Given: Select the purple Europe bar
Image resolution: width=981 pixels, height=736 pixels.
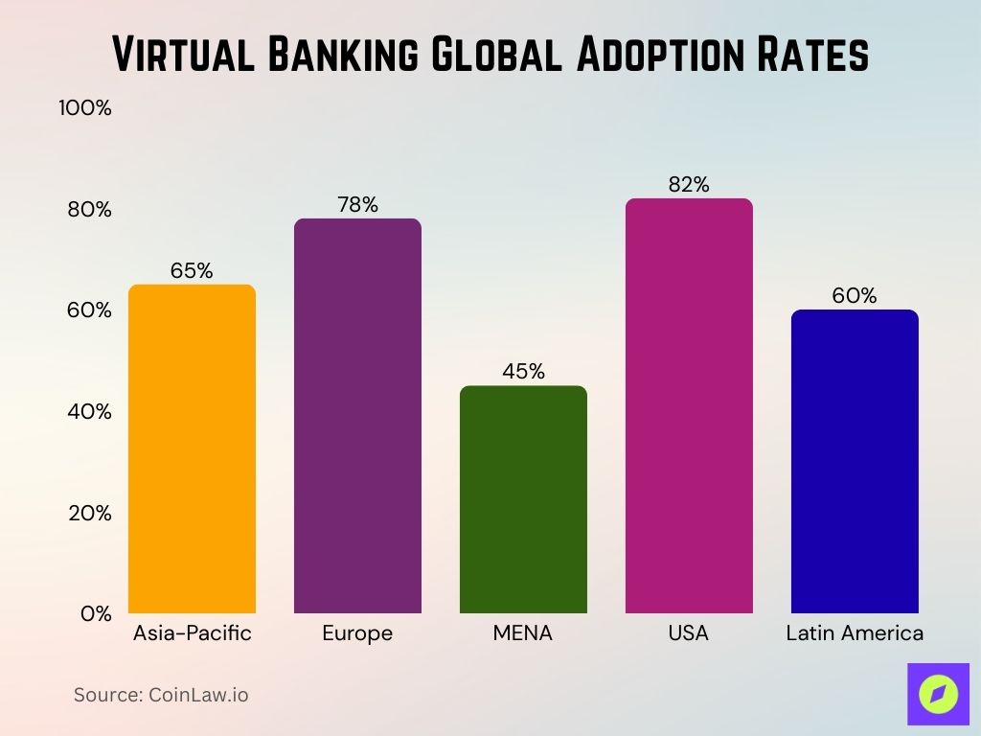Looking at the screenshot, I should click(x=357, y=416).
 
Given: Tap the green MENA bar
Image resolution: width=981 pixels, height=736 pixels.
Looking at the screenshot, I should click(x=523, y=499).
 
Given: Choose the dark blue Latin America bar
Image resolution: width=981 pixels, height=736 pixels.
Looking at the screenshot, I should click(x=855, y=461).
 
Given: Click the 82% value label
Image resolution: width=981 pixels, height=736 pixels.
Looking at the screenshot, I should click(x=689, y=185).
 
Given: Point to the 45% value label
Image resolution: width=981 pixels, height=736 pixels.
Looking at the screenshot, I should click(x=523, y=372).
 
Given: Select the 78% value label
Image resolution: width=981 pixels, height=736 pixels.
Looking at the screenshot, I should click(x=357, y=205).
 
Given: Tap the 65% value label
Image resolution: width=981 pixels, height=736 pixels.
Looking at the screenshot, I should click(x=192, y=271).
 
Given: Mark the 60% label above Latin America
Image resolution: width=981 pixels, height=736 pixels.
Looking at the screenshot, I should click(x=855, y=296).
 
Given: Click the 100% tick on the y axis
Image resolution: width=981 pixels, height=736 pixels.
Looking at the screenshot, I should click(x=85, y=108).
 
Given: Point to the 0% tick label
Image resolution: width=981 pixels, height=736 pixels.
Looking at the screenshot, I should click(x=96, y=614).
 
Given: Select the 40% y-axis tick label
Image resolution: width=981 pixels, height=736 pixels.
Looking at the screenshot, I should click(x=90, y=412).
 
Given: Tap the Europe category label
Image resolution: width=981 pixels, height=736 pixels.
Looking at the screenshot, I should click(x=357, y=633).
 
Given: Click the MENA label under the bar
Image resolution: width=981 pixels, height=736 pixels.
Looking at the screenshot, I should click(x=523, y=633).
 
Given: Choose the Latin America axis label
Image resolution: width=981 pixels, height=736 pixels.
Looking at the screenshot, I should click(x=855, y=633).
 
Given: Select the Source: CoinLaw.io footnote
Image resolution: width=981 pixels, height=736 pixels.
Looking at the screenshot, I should click(x=161, y=695).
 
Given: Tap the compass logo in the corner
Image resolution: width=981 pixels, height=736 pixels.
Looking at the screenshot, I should click(x=938, y=694).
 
